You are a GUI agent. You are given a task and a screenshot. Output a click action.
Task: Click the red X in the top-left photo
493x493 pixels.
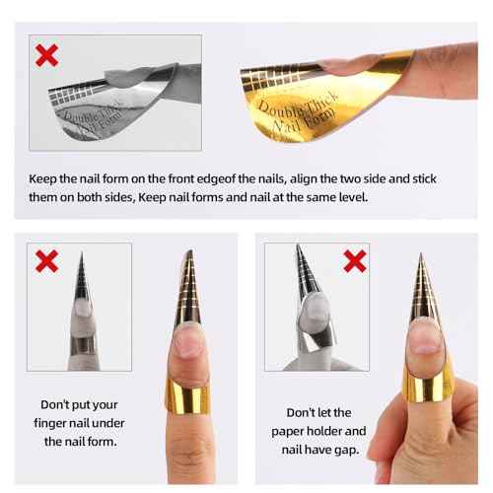tap(46, 54)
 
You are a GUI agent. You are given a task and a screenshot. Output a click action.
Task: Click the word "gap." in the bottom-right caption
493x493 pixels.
tap(345, 452)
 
